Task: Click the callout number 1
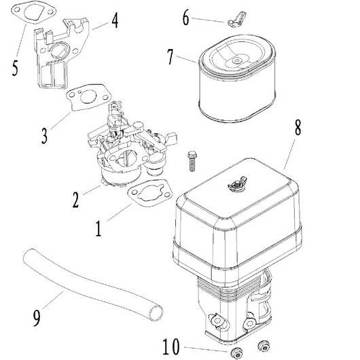coord(98,229)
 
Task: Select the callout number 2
coord(76,200)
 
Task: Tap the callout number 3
coord(45,136)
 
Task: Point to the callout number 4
coord(115,20)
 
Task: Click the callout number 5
coord(15,68)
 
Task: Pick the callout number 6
coord(185,17)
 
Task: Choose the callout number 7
coord(170,57)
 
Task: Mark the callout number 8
coord(298,128)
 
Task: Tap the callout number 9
coord(37,318)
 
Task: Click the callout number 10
coord(171,346)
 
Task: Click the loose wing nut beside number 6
coord(236,19)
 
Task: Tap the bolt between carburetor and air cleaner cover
coord(192,161)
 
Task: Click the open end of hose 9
coord(156,312)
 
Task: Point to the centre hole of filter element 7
coord(236,60)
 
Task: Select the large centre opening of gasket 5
coord(34,12)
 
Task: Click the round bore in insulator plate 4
coord(58,50)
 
